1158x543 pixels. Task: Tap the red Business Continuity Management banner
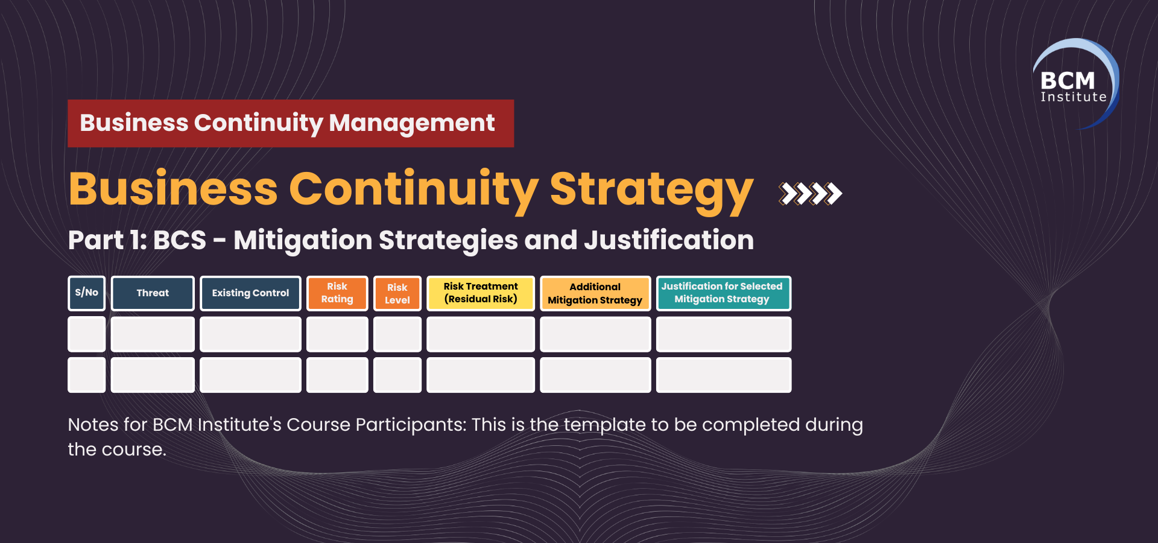291,123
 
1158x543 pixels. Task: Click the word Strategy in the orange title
651,190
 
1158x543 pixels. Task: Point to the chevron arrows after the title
810,194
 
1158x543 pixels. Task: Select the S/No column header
87,293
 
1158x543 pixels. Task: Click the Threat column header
153,293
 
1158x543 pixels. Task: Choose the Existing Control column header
250,293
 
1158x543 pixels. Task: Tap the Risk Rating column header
337,293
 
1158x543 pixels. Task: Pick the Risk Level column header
397,293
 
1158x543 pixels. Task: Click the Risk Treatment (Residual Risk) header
481,293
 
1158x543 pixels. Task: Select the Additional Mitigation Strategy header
595,293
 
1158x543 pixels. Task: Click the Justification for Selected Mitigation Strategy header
724,293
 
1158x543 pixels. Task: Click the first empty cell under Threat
153,334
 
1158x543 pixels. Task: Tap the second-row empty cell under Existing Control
250,375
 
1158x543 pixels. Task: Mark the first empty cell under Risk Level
397,334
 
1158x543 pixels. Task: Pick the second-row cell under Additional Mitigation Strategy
595,375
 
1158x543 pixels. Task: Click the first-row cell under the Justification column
724,334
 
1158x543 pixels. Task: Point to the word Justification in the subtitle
669,240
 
